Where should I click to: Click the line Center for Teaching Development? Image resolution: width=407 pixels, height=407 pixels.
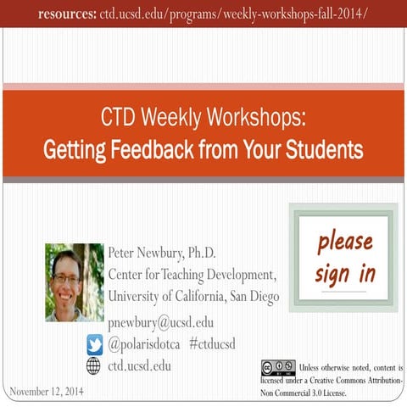[x=192, y=274]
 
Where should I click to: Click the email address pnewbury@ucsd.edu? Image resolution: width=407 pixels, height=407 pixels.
[x=161, y=322]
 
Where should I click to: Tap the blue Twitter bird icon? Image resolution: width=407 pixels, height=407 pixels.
[x=94, y=344]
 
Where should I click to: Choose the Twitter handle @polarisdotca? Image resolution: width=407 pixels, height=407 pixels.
[x=144, y=344]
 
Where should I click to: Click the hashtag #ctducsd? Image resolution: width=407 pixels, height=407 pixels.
[x=212, y=344]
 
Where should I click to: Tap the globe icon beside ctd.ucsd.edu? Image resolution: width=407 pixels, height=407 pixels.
[x=94, y=366]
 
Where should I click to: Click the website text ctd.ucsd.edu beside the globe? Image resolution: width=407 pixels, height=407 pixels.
[x=140, y=366]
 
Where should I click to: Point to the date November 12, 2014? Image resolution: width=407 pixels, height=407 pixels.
[x=47, y=391]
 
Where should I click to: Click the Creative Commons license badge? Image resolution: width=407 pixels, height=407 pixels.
[x=278, y=367]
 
